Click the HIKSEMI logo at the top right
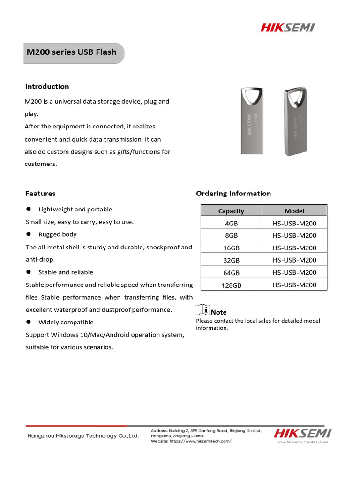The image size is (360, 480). (x=287, y=28)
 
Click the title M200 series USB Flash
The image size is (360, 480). (x=71, y=52)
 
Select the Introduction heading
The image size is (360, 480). (x=47, y=86)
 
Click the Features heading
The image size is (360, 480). (x=40, y=193)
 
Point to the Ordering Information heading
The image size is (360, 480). (x=233, y=193)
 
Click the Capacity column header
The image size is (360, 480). (x=231, y=211)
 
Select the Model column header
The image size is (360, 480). (x=294, y=211)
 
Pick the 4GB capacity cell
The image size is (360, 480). (x=231, y=223)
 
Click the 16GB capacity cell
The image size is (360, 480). (x=231, y=248)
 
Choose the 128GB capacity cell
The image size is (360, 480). (x=231, y=285)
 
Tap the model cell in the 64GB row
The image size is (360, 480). (x=294, y=272)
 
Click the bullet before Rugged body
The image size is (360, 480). (x=29, y=234)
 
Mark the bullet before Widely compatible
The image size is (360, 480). (x=29, y=322)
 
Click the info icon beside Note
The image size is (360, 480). (x=202, y=310)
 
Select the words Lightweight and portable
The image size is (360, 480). (x=75, y=210)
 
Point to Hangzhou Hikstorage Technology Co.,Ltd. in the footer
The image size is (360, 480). (x=83, y=436)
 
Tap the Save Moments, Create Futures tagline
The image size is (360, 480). (x=303, y=442)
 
